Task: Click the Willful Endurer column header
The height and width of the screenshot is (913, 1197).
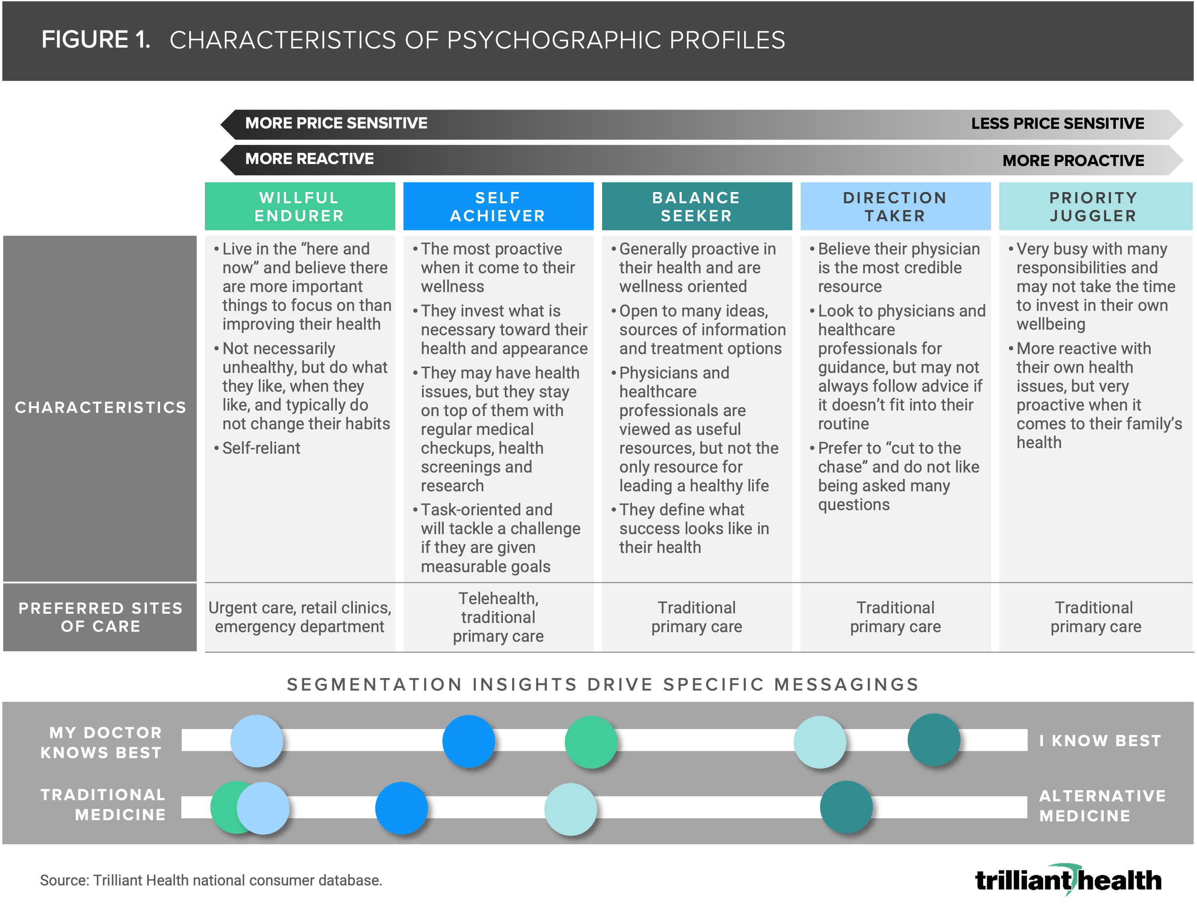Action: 299,206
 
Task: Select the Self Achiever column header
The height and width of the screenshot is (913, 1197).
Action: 498,206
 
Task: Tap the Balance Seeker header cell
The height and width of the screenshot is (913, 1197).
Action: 697,206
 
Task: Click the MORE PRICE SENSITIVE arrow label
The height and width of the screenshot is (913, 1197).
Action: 336,123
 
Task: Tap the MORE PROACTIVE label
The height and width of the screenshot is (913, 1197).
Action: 1073,161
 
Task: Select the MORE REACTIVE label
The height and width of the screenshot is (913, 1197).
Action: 310,159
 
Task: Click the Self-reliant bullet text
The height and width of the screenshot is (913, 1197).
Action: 261,448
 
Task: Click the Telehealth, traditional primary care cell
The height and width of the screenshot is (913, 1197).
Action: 498,617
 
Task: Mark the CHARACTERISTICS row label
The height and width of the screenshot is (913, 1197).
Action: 100,408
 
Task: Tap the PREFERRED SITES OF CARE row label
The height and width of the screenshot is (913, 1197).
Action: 100,617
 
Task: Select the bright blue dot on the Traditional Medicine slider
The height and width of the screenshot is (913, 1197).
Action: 402,808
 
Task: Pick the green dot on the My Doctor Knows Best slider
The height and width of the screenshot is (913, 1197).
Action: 591,742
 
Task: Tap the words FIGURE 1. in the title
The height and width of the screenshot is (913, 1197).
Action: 96,40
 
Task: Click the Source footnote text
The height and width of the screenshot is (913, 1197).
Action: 211,880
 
